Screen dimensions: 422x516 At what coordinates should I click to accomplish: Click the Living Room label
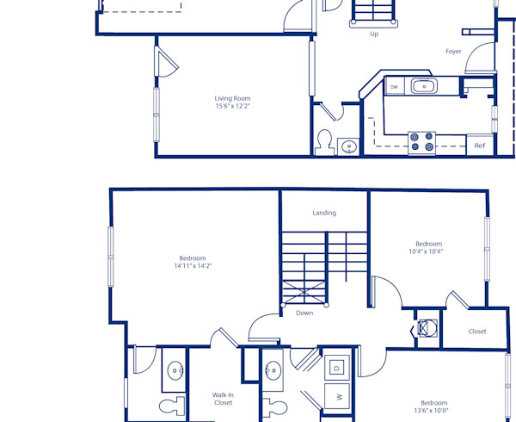pyautogui.click(x=232, y=98)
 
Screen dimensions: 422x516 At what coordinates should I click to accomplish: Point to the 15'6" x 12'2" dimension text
pyautogui.click(x=232, y=107)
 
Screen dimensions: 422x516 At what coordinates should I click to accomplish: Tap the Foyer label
pyautogui.click(x=453, y=52)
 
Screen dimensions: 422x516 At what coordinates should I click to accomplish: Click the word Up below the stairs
pyautogui.click(x=374, y=34)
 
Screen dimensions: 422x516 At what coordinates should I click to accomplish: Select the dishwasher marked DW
pyautogui.click(x=394, y=86)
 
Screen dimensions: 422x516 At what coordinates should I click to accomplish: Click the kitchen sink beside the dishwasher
pyautogui.click(x=423, y=85)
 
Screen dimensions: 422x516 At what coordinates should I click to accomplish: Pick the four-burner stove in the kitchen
pyautogui.click(x=421, y=142)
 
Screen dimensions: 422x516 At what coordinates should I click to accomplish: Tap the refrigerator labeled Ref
pyautogui.click(x=480, y=146)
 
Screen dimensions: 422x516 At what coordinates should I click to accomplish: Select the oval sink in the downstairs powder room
pyautogui.click(x=349, y=146)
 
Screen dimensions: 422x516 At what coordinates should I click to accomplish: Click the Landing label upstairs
pyautogui.click(x=324, y=213)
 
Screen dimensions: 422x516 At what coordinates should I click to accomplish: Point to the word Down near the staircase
pyautogui.click(x=304, y=313)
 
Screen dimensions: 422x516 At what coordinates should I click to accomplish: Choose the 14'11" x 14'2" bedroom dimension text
pyautogui.click(x=193, y=266)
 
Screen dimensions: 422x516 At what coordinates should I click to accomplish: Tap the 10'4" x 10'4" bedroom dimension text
pyautogui.click(x=428, y=251)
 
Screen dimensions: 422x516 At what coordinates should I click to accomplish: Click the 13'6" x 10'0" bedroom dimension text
pyautogui.click(x=433, y=411)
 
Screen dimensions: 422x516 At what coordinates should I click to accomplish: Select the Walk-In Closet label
pyautogui.click(x=223, y=399)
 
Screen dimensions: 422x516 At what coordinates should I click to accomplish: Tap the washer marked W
pyautogui.click(x=338, y=397)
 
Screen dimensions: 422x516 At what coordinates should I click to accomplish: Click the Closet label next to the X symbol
pyautogui.click(x=477, y=332)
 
